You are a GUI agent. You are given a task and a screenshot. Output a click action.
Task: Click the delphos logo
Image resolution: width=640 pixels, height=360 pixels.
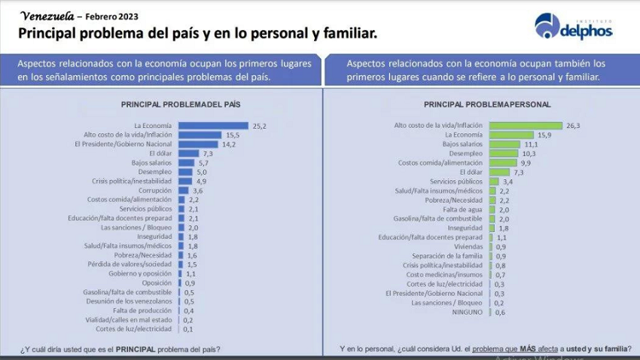[x=573, y=26]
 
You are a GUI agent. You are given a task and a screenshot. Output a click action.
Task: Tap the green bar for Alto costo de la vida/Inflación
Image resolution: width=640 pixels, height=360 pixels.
[x=526, y=126]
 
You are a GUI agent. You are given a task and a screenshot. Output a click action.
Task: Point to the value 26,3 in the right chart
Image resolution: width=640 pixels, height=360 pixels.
[x=573, y=126]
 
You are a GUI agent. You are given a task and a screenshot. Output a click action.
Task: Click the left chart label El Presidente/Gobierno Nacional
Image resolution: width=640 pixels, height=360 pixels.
[x=123, y=143]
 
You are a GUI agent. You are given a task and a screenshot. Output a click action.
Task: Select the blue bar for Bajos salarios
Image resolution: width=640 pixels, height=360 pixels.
[x=185, y=162]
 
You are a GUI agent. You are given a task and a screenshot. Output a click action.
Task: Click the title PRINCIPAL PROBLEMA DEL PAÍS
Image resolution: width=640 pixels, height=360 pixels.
[x=181, y=105]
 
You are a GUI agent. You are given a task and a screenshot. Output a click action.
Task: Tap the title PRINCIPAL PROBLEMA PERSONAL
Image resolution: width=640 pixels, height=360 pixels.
[x=487, y=105]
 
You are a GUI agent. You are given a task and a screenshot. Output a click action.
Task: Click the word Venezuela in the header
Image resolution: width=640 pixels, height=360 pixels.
[x=47, y=14]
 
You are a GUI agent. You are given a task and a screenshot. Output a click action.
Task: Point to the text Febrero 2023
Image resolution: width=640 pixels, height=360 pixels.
[x=106, y=15]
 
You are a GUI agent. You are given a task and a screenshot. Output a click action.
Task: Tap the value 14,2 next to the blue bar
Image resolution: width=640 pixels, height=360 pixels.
[x=229, y=143]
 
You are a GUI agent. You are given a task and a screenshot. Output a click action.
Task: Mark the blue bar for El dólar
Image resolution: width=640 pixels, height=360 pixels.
[x=188, y=153]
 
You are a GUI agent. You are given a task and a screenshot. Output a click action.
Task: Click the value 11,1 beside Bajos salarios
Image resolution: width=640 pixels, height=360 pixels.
[x=531, y=144]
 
